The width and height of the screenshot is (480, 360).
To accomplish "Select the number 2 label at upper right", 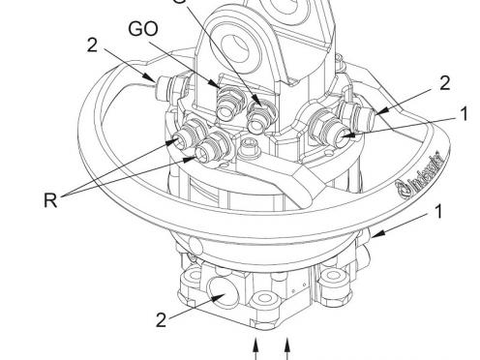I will click(443, 82).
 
